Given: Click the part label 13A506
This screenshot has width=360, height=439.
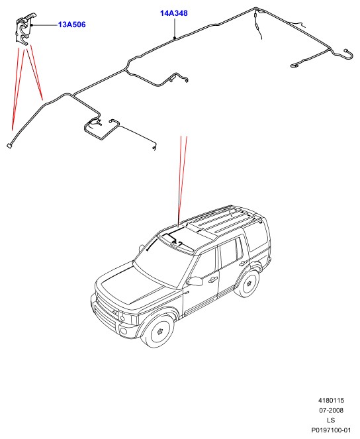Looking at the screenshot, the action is point(71,24).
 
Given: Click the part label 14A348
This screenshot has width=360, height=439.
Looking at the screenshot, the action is point(173,13).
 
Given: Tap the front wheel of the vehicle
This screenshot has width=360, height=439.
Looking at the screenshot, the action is point(158,330).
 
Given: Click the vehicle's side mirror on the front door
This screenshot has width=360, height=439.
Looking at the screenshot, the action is point(195,281).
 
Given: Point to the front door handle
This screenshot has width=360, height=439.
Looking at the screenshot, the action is point(213,279).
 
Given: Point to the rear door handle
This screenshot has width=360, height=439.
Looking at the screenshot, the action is point(244,263).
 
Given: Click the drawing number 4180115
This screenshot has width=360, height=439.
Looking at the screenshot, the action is point(331,401).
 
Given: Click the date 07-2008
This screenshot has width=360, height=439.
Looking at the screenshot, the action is point(331,410).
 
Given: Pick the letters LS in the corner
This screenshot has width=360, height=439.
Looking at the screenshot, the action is point(331,420).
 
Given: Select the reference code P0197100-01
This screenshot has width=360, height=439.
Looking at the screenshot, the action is point(331,430).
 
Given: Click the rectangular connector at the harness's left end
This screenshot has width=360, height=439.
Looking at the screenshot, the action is point(9,146).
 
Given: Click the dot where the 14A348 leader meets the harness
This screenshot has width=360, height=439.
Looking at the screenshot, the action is point(175,37).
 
